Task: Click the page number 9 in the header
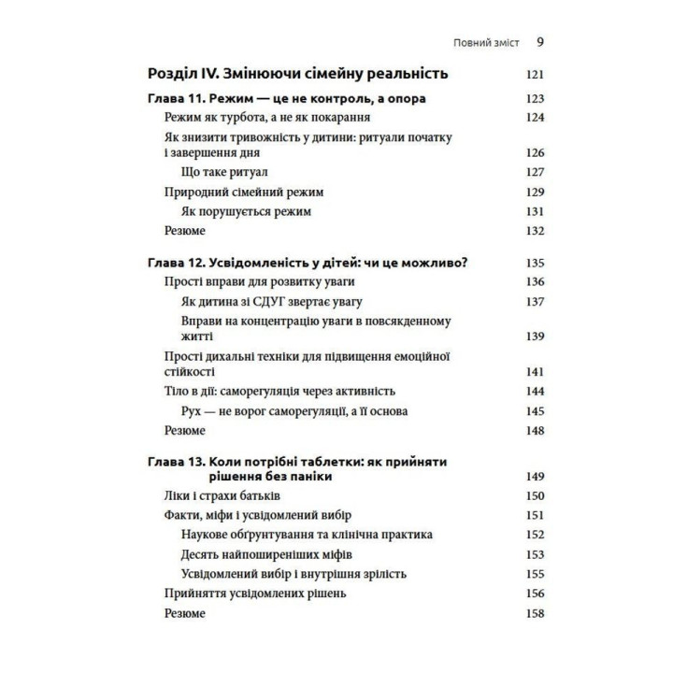click(540, 42)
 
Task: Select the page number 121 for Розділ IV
click(534, 74)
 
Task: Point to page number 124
click(534, 117)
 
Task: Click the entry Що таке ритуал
click(222, 172)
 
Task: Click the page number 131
click(534, 211)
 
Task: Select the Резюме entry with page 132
click(184, 230)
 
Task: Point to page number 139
click(534, 336)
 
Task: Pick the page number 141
click(534, 371)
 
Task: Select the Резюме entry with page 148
click(184, 430)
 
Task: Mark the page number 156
click(534, 594)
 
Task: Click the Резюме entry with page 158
click(184, 613)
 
